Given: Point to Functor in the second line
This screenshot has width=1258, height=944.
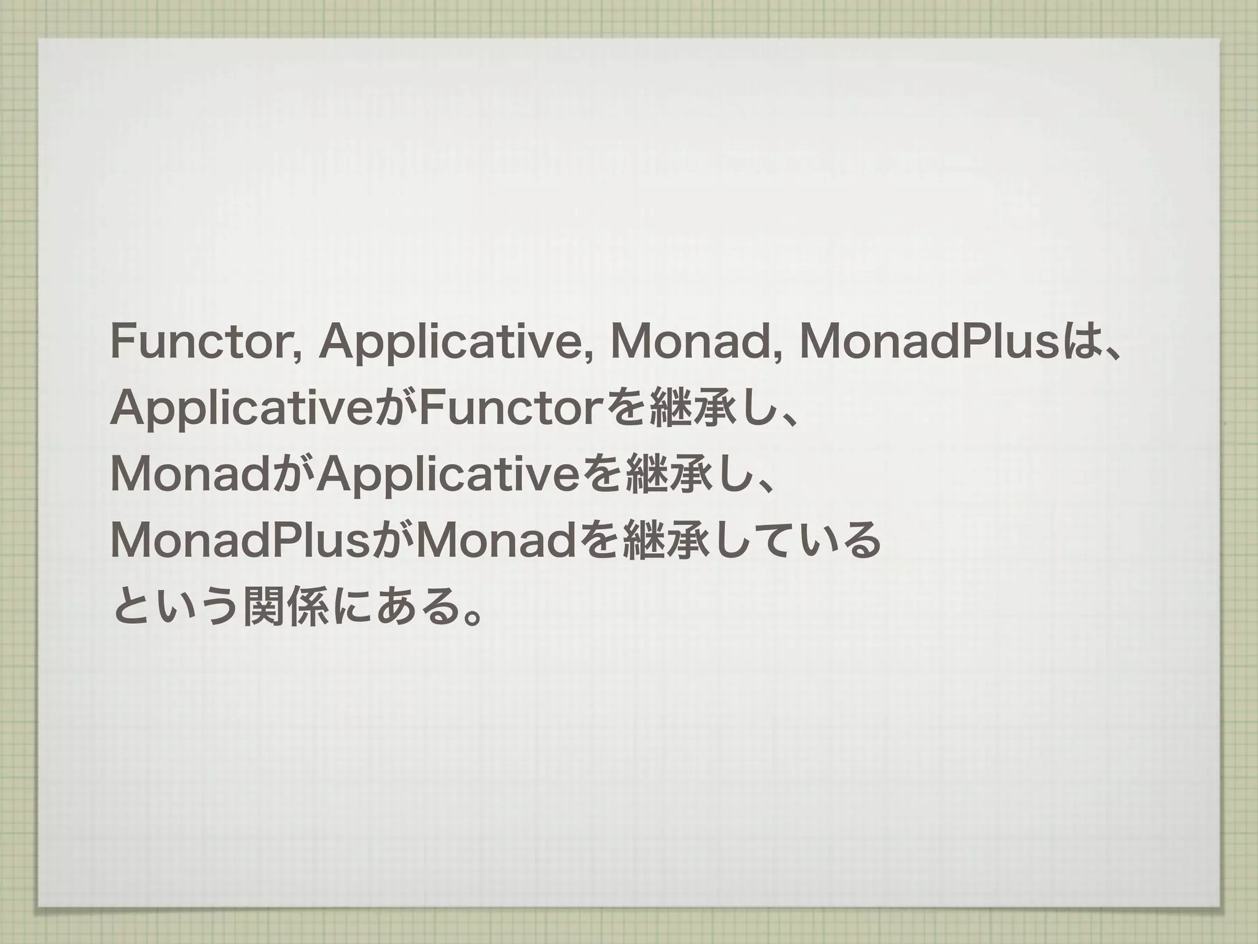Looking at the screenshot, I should click(x=509, y=409).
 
